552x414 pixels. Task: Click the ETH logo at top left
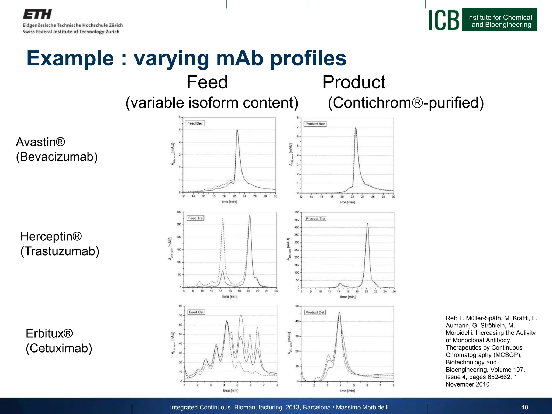click(x=37, y=14)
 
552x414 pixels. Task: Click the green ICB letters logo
click(x=444, y=20)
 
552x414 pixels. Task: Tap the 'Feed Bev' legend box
click(x=195, y=123)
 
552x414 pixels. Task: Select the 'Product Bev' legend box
click(x=315, y=124)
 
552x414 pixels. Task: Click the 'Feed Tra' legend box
click(x=195, y=218)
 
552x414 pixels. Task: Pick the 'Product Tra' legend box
click(x=315, y=219)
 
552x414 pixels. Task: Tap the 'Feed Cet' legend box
click(x=196, y=312)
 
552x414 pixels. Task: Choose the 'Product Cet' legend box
click(x=315, y=312)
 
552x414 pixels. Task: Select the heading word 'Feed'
click(x=207, y=82)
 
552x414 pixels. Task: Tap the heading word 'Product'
click(x=354, y=82)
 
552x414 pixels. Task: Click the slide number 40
click(x=525, y=407)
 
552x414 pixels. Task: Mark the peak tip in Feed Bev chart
click(x=237, y=130)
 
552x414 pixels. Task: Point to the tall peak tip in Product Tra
click(x=367, y=223)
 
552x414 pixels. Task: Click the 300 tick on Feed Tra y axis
click(x=179, y=212)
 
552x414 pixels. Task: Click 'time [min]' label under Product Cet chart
click(x=347, y=391)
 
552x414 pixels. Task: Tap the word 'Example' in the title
click(x=70, y=58)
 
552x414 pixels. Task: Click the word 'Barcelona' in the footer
click(x=317, y=407)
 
